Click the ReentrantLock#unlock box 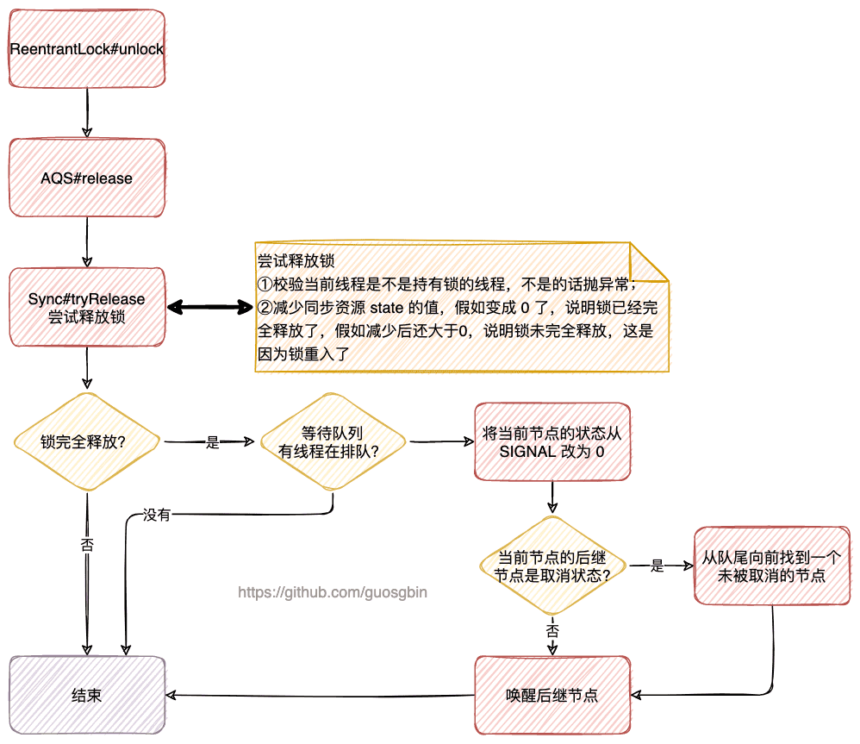click(87, 48)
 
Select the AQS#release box click(87, 178)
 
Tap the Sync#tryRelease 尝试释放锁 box click(87, 308)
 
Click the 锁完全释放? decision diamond click(87, 442)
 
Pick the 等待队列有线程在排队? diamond click(331, 442)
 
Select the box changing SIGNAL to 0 click(552, 442)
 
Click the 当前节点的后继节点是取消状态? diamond click(552, 566)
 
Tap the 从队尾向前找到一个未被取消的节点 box click(772, 566)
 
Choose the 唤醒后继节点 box click(552, 695)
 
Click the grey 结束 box click(87, 695)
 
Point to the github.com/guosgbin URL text click(332, 593)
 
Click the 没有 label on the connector click(156, 516)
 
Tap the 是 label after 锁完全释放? click(213, 443)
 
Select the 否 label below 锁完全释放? click(87, 546)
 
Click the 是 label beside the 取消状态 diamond click(657, 566)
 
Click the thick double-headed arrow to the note click(209, 307)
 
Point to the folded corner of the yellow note click(651, 261)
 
